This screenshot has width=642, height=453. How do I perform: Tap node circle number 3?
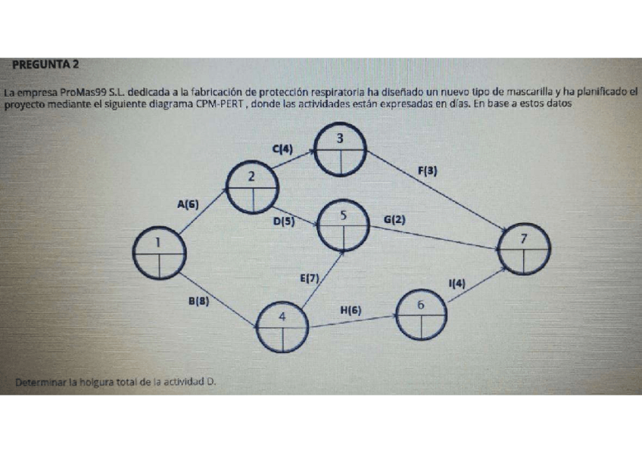point(341,150)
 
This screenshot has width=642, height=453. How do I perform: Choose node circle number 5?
point(344,225)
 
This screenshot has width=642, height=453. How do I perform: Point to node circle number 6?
point(421,314)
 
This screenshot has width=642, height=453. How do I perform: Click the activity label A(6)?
point(188,203)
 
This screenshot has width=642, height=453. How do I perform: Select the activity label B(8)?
point(198,300)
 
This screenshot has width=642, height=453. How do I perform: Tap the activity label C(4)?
point(282,150)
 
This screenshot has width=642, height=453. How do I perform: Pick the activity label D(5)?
point(284,222)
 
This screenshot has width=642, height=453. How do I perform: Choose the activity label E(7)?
point(310,278)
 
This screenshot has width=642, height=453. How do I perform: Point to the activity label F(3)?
point(428,171)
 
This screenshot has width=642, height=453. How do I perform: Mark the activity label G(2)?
point(394,220)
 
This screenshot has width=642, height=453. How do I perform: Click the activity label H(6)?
point(351,309)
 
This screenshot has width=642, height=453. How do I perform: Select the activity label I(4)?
point(457,284)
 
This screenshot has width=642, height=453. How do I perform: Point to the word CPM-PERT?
point(218,104)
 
